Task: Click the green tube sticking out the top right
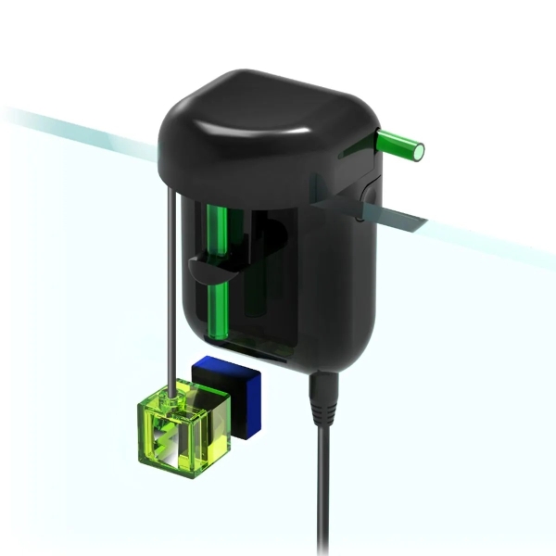[397, 143]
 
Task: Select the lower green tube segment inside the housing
[221, 310]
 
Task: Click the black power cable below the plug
[324, 491]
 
